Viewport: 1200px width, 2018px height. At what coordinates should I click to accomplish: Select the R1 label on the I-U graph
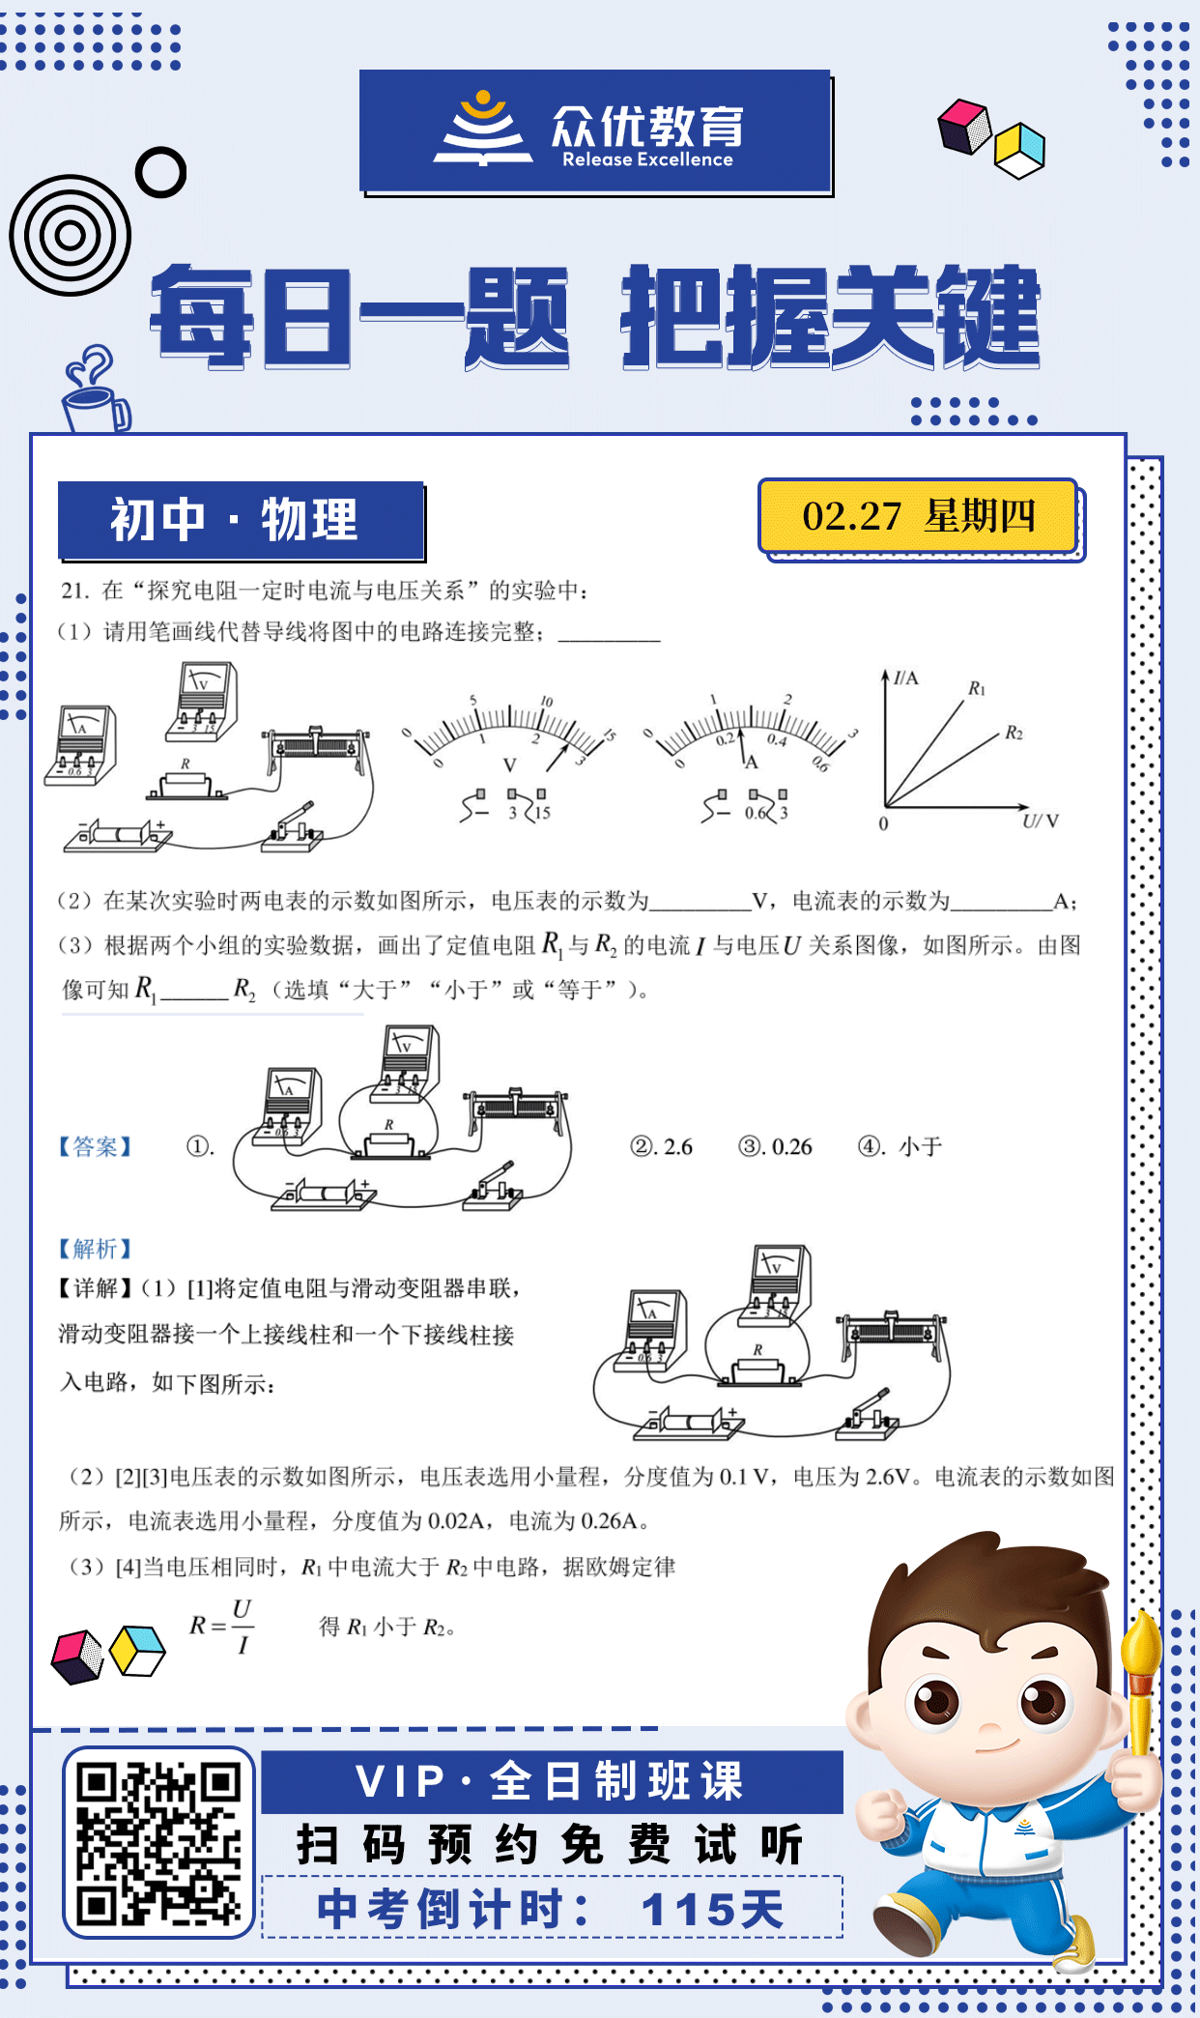[977, 688]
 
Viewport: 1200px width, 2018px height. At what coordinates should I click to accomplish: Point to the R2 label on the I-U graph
[1014, 733]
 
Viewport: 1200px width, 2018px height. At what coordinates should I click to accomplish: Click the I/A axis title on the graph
[905, 678]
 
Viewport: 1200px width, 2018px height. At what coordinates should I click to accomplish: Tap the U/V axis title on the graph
[1041, 822]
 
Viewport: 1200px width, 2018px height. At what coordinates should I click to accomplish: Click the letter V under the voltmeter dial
[509, 765]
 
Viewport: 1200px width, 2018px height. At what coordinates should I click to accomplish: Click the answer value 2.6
[677, 1147]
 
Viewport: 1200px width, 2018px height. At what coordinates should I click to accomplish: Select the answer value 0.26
[791, 1147]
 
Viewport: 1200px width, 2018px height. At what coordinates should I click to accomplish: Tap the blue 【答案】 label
[95, 1147]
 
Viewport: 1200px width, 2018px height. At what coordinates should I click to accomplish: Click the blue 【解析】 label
[95, 1249]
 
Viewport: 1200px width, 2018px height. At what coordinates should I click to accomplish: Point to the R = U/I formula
[222, 1626]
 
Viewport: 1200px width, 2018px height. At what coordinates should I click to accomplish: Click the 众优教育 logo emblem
[482, 130]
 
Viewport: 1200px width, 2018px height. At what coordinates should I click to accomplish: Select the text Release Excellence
[647, 160]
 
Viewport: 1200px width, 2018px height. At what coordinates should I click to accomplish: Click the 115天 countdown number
[713, 1910]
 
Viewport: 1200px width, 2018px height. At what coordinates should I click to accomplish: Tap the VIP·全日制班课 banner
[551, 1781]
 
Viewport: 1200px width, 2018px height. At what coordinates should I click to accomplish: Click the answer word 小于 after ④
[920, 1147]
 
